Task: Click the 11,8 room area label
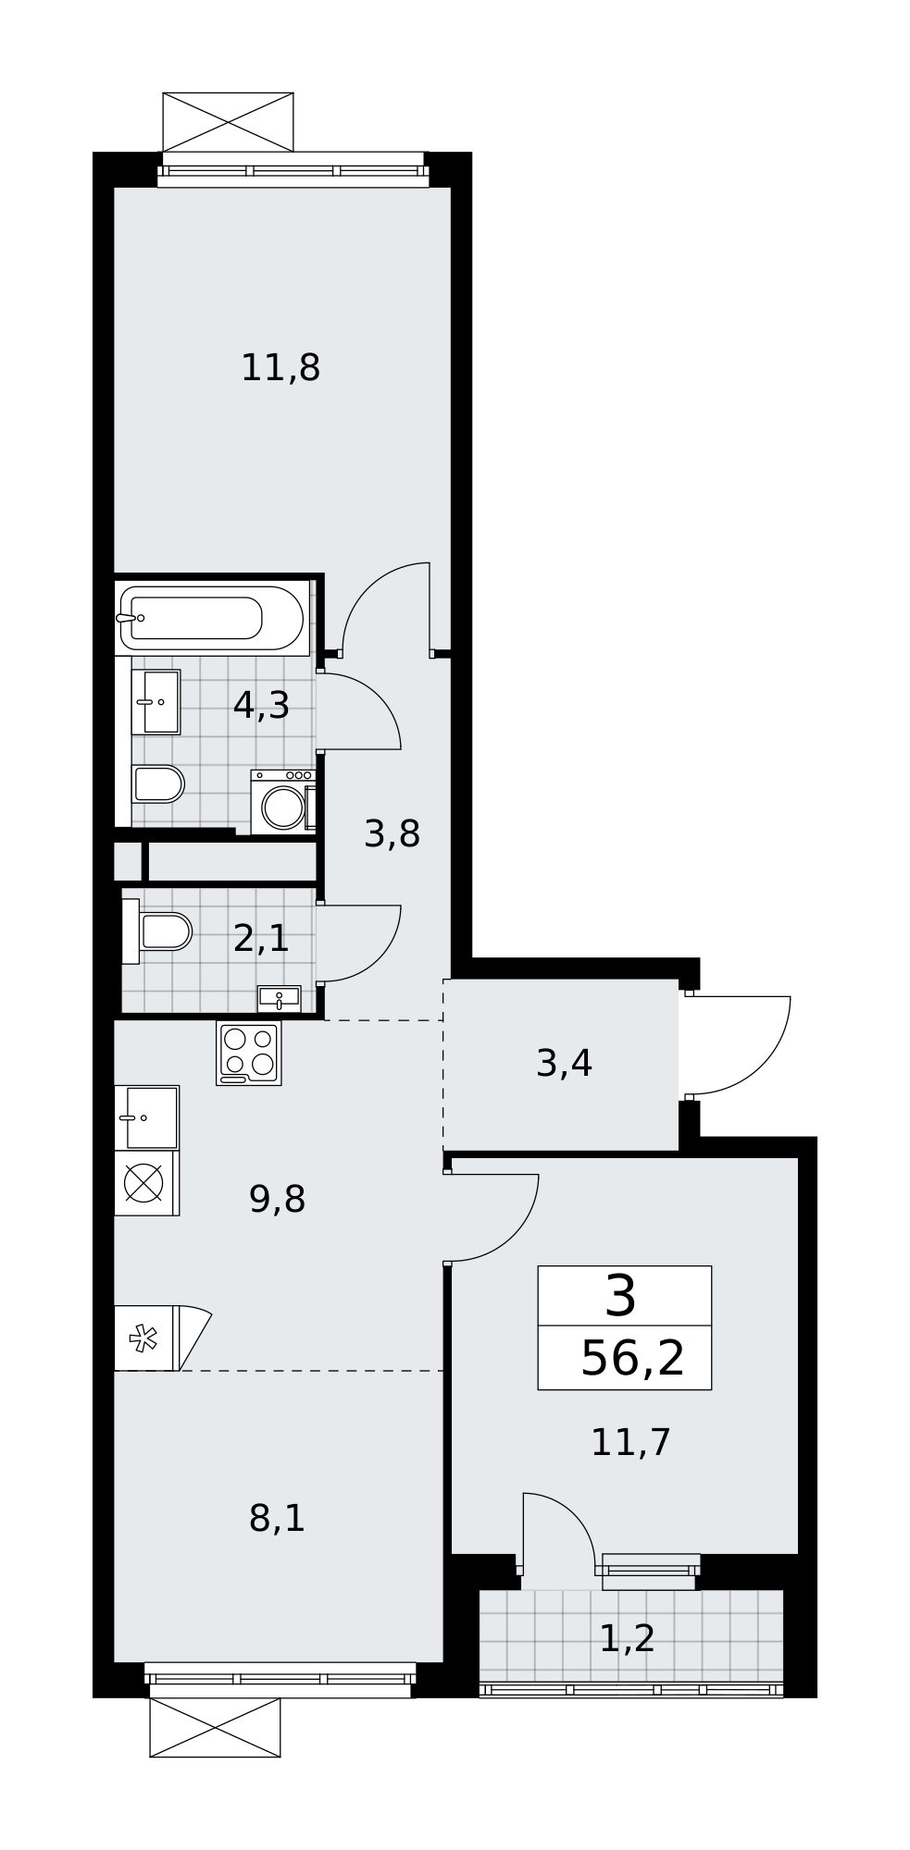(x=280, y=368)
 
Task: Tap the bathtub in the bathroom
(x=211, y=618)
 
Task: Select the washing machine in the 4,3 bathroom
(x=283, y=803)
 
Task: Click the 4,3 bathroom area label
(x=261, y=706)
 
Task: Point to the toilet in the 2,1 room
(x=157, y=931)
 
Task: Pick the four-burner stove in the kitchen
(x=249, y=1053)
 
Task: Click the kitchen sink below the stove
(x=147, y=1117)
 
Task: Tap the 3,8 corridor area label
(x=393, y=834)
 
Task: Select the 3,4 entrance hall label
(x=564, y=1064)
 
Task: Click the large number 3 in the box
(x=621, y=1296)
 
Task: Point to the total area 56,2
(x=632, y=1359)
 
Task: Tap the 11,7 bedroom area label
(x=630, y=1442)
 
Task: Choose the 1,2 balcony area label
(x=627, y=1639)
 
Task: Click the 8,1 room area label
(x=277, y=1519)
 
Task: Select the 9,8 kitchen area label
(x=277, y=1200)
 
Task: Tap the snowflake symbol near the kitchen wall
(x=143, y=1338)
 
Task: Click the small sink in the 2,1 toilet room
(x=279, y=999)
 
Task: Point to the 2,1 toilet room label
(x=261, y=939)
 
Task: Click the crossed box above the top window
(x=228, y=122)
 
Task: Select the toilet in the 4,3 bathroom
(x=158, y=784)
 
